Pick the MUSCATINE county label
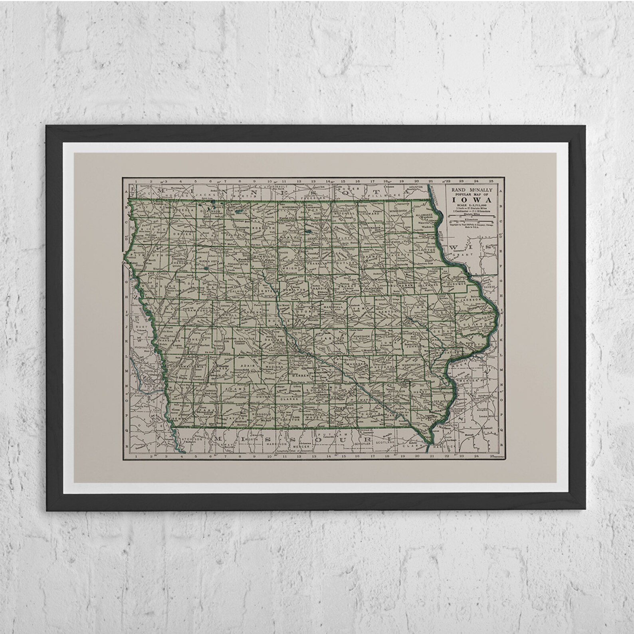point(448,353)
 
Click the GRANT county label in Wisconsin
point(466,254)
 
